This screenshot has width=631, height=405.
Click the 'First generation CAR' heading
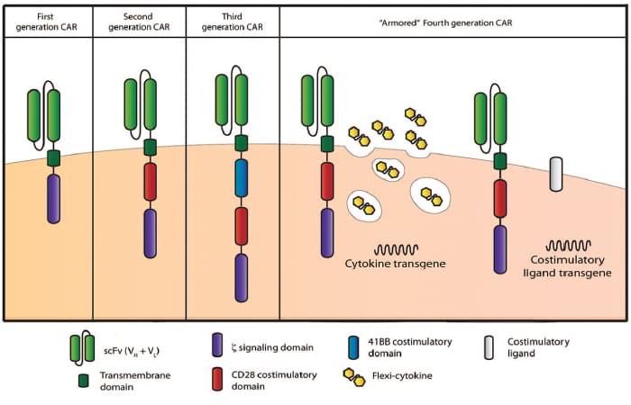pos(47,21)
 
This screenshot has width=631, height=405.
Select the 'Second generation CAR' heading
pos(139,21)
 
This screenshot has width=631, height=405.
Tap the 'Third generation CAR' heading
pos(232,21)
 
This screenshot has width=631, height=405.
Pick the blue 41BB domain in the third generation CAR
pos(242,178)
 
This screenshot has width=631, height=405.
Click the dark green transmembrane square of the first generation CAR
pos(53,157)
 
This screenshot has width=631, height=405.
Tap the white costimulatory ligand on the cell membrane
pos(556,173)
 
